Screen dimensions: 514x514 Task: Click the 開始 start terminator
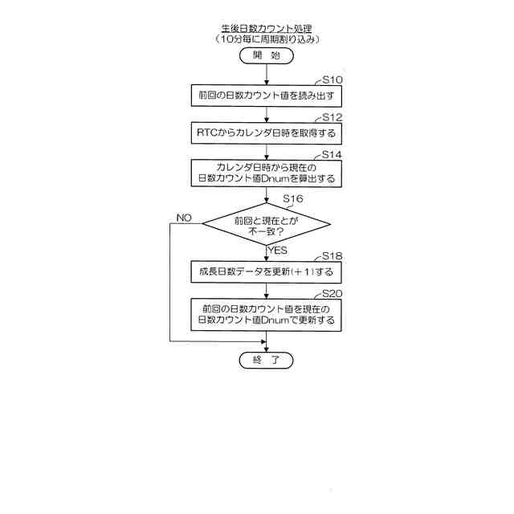[x=266, y=56]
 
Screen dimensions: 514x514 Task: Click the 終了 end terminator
[x=266, y=361]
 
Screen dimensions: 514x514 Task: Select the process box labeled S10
[x=266, y=96]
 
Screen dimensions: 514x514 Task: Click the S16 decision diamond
[x=266, y=225]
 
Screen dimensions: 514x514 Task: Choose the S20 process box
[x=266, y=314]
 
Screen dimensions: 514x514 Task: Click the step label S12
[x=332, y=116]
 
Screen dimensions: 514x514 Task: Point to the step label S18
[x=332, y=256]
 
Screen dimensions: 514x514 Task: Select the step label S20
[x=332, y=294]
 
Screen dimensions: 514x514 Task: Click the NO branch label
[x=184, y=218]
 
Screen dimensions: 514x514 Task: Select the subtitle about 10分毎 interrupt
[x=266, y=39]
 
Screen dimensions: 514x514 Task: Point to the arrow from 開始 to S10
[x=266, y=75]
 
